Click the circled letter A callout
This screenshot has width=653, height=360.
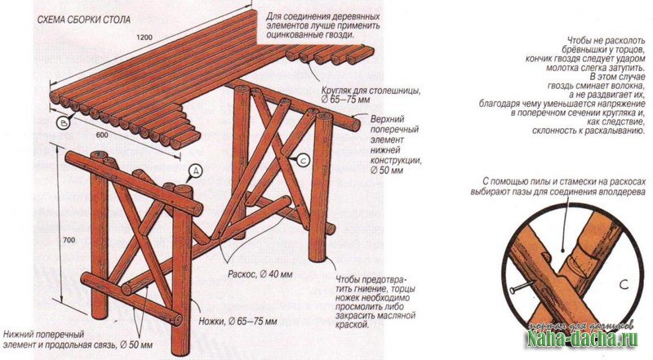195,171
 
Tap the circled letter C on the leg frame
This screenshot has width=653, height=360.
302,159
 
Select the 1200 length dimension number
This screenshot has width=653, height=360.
144,37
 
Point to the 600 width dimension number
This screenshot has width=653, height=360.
102,136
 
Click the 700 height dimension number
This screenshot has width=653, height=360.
69,240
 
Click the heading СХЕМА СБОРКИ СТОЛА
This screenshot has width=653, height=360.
84,20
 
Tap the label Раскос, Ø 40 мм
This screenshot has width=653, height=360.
260,274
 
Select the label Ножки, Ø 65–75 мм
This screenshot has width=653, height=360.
238,322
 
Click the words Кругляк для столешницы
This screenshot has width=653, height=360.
371,91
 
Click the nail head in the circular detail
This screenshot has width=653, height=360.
513,289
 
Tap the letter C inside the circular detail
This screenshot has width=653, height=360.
624,285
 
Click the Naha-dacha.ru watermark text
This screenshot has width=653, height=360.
583,339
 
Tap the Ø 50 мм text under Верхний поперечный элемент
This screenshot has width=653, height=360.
387,171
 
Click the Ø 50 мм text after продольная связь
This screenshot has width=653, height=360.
136,345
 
